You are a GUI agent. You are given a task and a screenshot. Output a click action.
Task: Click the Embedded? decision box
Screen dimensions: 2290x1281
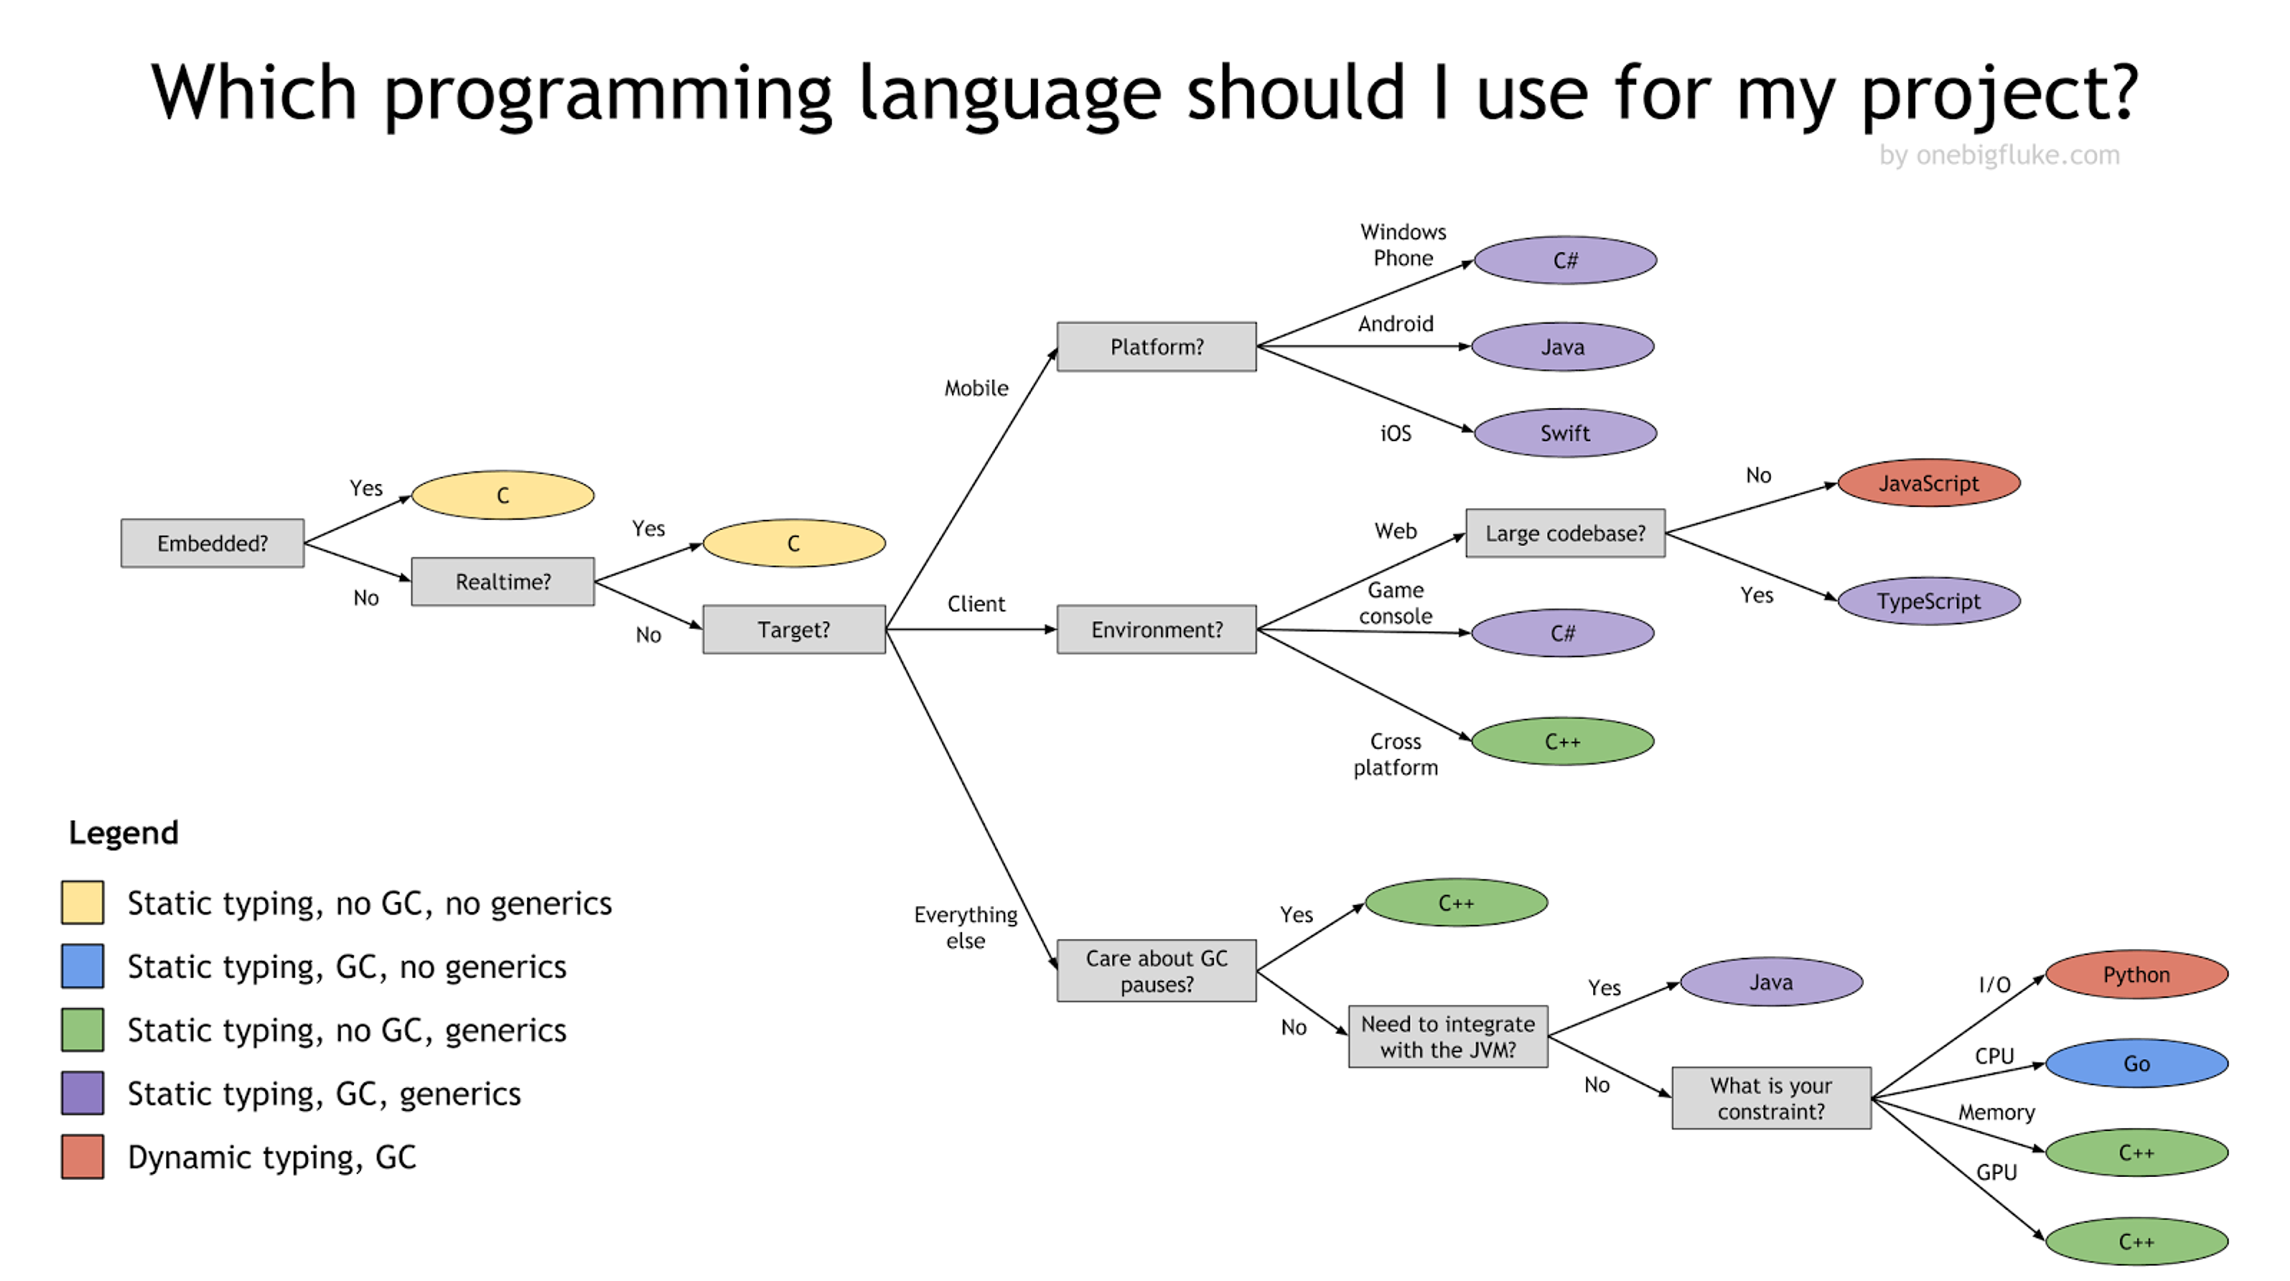pyautogui.click(x=212, y=543)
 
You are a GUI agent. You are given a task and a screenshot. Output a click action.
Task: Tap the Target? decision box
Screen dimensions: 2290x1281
pyautogui.click(x=794, y=629)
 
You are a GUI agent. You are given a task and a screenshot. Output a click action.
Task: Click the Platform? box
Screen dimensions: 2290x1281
pyautogui.click(x=1156, y=346)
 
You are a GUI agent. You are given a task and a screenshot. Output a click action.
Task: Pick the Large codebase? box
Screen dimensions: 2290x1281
pyautogui.click(x=1565, y=533)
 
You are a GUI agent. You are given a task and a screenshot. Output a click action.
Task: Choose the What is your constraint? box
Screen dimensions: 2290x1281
pyautogui.click(x=1772, y=1098)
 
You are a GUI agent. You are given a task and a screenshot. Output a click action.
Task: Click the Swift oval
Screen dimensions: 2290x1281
pyautogui.click(x=1565, y=433)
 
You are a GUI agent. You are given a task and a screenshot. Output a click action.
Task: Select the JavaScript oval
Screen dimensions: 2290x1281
pyautogui.click(x=1929, y=484)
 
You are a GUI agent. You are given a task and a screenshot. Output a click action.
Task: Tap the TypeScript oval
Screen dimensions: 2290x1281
pyautogui.click(x=1929, y=601)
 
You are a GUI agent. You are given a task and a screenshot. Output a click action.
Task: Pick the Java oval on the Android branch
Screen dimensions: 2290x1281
pyautogui.click(x=1563, y=346)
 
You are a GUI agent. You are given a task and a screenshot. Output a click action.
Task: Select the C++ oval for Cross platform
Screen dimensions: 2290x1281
pyautogui.click(x=1563, y=741)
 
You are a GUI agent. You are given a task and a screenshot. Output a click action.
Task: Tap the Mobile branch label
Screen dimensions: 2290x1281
pyautogui.click(x=976, y=388)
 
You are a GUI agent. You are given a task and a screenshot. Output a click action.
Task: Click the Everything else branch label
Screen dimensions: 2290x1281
pyautogui.click(x=965, y=927)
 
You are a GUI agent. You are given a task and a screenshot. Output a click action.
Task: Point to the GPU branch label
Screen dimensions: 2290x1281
pyautogui.click(x=1997, y=1172)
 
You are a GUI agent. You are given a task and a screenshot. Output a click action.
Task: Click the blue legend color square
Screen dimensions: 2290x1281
pyautogui.click(x=83, y=966)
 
